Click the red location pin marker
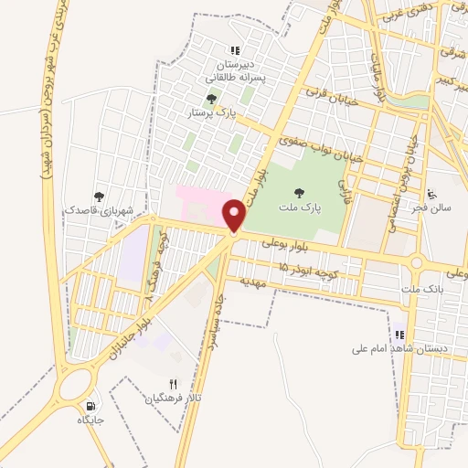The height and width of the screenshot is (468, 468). tap(235, 216)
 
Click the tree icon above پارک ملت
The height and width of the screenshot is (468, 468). tap(299, 191)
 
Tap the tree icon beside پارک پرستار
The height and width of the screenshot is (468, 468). tap(212, 99)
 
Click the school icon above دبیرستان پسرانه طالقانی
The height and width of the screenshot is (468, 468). tap(235, 51)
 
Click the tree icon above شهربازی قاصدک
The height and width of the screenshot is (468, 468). tap(98, 196)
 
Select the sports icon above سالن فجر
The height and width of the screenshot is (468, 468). tap(432, 194)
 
